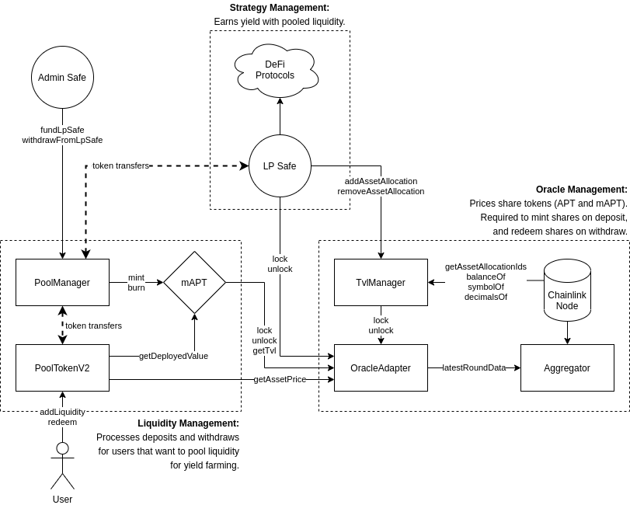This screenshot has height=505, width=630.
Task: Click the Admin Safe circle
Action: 62,78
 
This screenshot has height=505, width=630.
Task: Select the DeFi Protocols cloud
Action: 275,70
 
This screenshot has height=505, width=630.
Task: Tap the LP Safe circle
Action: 280,166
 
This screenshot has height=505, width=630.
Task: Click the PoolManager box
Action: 62,283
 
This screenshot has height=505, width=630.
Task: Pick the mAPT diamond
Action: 194,283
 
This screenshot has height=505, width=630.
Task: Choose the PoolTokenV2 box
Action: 62,368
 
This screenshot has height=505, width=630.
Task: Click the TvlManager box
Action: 381,283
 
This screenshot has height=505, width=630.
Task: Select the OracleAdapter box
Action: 381,368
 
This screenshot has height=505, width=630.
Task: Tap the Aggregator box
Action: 567,368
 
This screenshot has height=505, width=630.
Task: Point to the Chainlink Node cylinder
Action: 567,292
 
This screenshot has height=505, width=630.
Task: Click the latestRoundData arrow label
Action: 474,367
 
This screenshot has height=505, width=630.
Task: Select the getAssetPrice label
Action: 280,379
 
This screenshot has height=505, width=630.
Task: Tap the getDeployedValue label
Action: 173,356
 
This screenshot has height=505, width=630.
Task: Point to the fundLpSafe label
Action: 62,130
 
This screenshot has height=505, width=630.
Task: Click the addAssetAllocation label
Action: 381,181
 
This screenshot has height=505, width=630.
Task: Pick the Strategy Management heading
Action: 280,8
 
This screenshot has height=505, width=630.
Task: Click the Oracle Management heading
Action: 581,190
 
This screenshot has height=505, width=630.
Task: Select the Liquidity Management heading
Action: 188,423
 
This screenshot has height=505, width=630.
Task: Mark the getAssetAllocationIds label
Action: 486,266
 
